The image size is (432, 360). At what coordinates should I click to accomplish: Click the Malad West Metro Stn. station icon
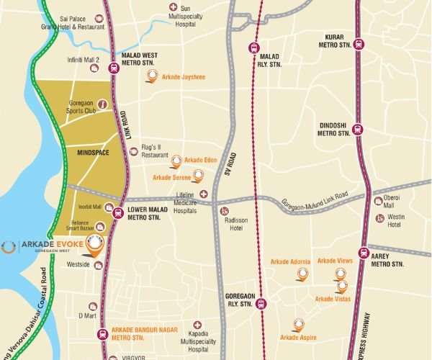(113, 68)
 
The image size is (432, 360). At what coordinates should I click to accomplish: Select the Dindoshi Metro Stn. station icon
(359, 130)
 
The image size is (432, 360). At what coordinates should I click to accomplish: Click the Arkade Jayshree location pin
(152, 75)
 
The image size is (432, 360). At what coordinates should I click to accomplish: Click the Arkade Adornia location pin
(303, 273)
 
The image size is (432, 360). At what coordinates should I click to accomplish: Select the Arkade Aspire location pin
(297, 324)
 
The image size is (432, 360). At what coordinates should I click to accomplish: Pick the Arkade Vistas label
(333, 298)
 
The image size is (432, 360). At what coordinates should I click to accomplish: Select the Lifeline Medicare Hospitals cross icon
(204, 194)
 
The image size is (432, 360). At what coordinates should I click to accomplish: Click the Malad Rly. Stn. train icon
(252, 48)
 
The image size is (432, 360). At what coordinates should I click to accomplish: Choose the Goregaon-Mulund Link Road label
(315, 198)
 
